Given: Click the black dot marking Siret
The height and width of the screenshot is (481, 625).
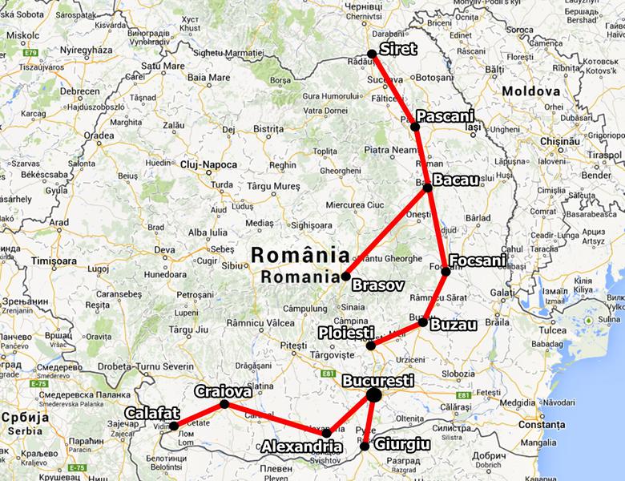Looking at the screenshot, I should [372, 54].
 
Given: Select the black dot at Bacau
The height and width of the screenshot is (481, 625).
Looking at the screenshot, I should [428, 188].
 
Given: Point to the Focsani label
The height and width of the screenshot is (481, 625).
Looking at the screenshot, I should [478, 260].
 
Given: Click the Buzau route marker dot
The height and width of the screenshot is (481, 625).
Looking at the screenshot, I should [423, 322].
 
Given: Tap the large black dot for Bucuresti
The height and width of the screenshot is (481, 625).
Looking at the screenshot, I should [373, 394].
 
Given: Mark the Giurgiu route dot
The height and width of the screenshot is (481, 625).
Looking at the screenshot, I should [365, 447].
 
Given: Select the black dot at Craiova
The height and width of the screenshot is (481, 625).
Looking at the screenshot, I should [224, 404].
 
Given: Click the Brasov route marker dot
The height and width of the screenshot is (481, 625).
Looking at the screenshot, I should [345, 277].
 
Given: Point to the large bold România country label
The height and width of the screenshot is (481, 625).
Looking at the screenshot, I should [300, 256].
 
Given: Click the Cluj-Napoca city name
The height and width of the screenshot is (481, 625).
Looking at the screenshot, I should [208, 164].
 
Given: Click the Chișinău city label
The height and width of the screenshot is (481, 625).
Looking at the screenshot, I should [558, 140].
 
